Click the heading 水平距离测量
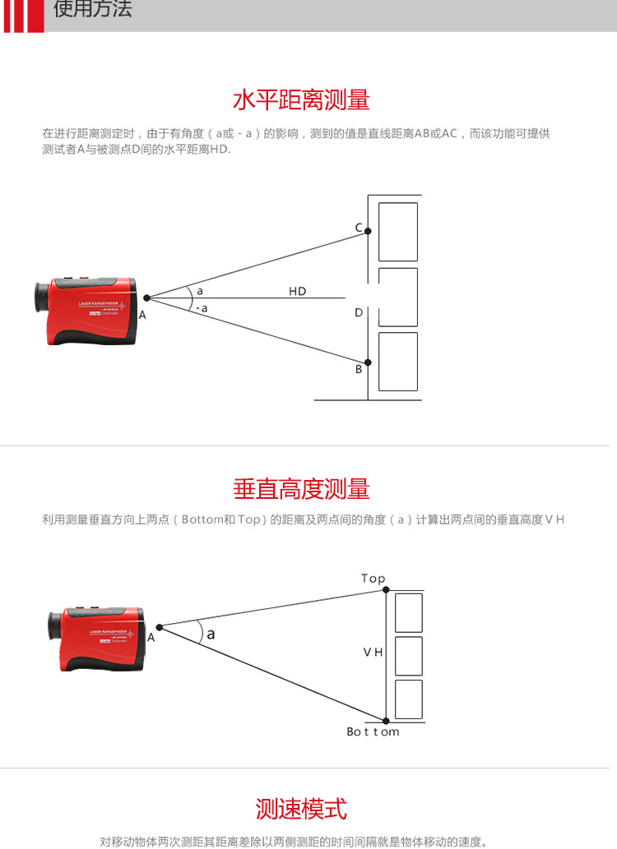[x=301, y=100]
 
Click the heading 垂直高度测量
[x=301, y=489]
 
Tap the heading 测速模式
[x=301, y=809]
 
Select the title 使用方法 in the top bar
[x=92, y=10]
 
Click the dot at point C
[x=369, y=232]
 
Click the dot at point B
[x=369, y=362]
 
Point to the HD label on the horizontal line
[x=297, y=292]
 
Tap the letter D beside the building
[x=359, y=313]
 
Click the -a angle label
[x=202, y=308]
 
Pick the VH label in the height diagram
[x=373, y=652]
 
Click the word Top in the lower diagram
[x=373, y=579]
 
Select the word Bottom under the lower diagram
[x=372, y=731]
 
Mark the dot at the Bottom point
[x=386, y=719]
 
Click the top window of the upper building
[x=397, y=232]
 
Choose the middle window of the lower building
[x=408, y=655]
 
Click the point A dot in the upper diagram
[x=146, y=298]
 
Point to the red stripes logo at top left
[x=23, y=16]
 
